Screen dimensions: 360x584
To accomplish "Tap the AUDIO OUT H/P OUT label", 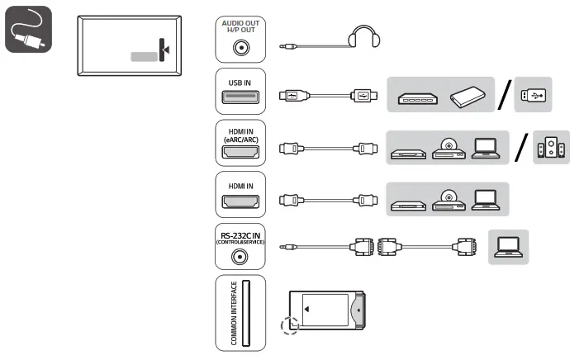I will [240, 26].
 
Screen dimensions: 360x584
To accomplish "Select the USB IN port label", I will [240, 82].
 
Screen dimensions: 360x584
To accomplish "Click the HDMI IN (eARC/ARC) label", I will [240, 135].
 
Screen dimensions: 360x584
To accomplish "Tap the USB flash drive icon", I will [530, 96].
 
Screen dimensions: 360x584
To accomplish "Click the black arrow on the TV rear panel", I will [167, 50].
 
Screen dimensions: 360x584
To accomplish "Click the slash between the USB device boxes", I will [505, 95].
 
